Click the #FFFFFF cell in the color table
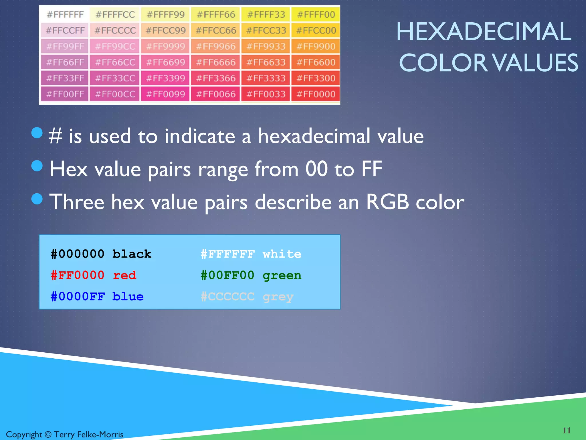coord(65,15)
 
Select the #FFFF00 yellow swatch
coord(316,15)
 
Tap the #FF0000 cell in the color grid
coord(316,94)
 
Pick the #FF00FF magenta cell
coord(65,94)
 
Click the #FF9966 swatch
coord(216,46)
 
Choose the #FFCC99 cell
coord(166,30)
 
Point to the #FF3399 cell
coord(166,78)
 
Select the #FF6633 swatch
coord(266,62)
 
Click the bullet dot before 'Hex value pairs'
coord(37,166)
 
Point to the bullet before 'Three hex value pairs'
coord(37,199)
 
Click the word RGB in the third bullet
coord(387,202)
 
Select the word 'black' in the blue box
coord(132,254)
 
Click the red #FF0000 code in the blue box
coord(78,275)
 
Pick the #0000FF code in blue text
coord(78,296)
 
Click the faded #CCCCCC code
coord(227,296)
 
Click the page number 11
coord(567,430)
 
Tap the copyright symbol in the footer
coord(48,435)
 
